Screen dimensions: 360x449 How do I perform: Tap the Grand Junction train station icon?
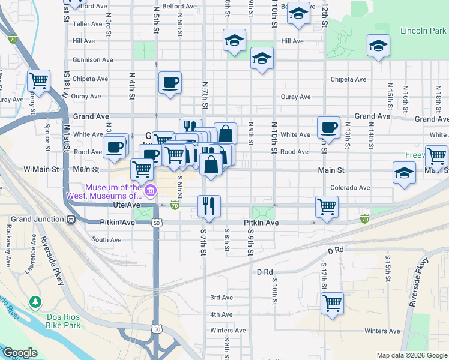pos(71,219)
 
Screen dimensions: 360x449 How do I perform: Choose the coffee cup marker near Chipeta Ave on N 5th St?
pos(170,82)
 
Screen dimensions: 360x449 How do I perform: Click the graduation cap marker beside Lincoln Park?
pos(378,45)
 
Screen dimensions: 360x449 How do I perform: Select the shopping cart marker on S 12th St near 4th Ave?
pos(332,302)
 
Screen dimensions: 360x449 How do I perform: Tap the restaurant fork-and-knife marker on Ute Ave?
pos(209,206)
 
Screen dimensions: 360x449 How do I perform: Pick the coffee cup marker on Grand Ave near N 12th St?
pos(328,127)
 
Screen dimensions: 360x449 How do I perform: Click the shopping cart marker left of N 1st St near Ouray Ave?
pos(39,80)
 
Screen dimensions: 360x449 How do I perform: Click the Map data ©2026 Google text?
pos(411,355)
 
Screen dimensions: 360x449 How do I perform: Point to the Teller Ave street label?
pos(88,24)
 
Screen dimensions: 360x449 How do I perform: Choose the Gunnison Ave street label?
pos(93,60)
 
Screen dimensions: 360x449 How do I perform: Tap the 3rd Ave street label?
pos(221,297)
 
